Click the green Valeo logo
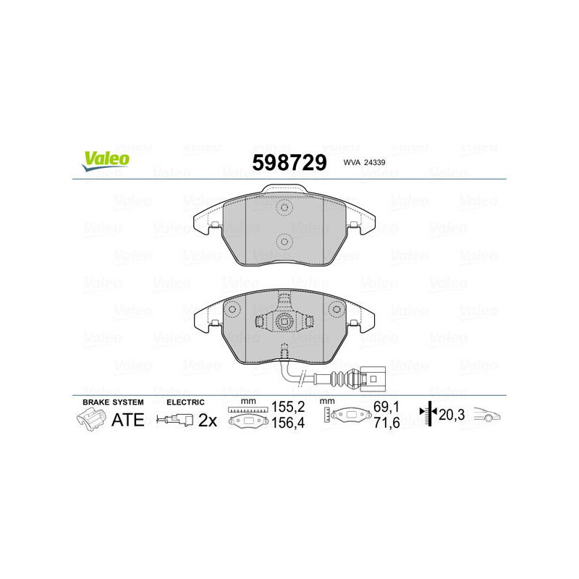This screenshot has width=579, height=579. (x=106, y=161)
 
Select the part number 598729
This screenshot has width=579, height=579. (x=289, y=162)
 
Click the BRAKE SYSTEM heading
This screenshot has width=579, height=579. (x=113, y=402)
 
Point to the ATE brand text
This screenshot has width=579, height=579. (x=127, y=418)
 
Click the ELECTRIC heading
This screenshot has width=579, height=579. (x=185, y=402)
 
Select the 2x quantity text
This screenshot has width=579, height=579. (x=208, y=419)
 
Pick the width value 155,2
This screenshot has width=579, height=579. (x=285, y=407)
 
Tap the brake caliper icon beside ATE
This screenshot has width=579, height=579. (x=90, y=418)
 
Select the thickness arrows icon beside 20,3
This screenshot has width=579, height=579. (x=430, y=414)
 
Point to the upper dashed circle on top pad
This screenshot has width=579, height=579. (x=284, y=209)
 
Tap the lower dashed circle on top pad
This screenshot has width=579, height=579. (x=284, y=240)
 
